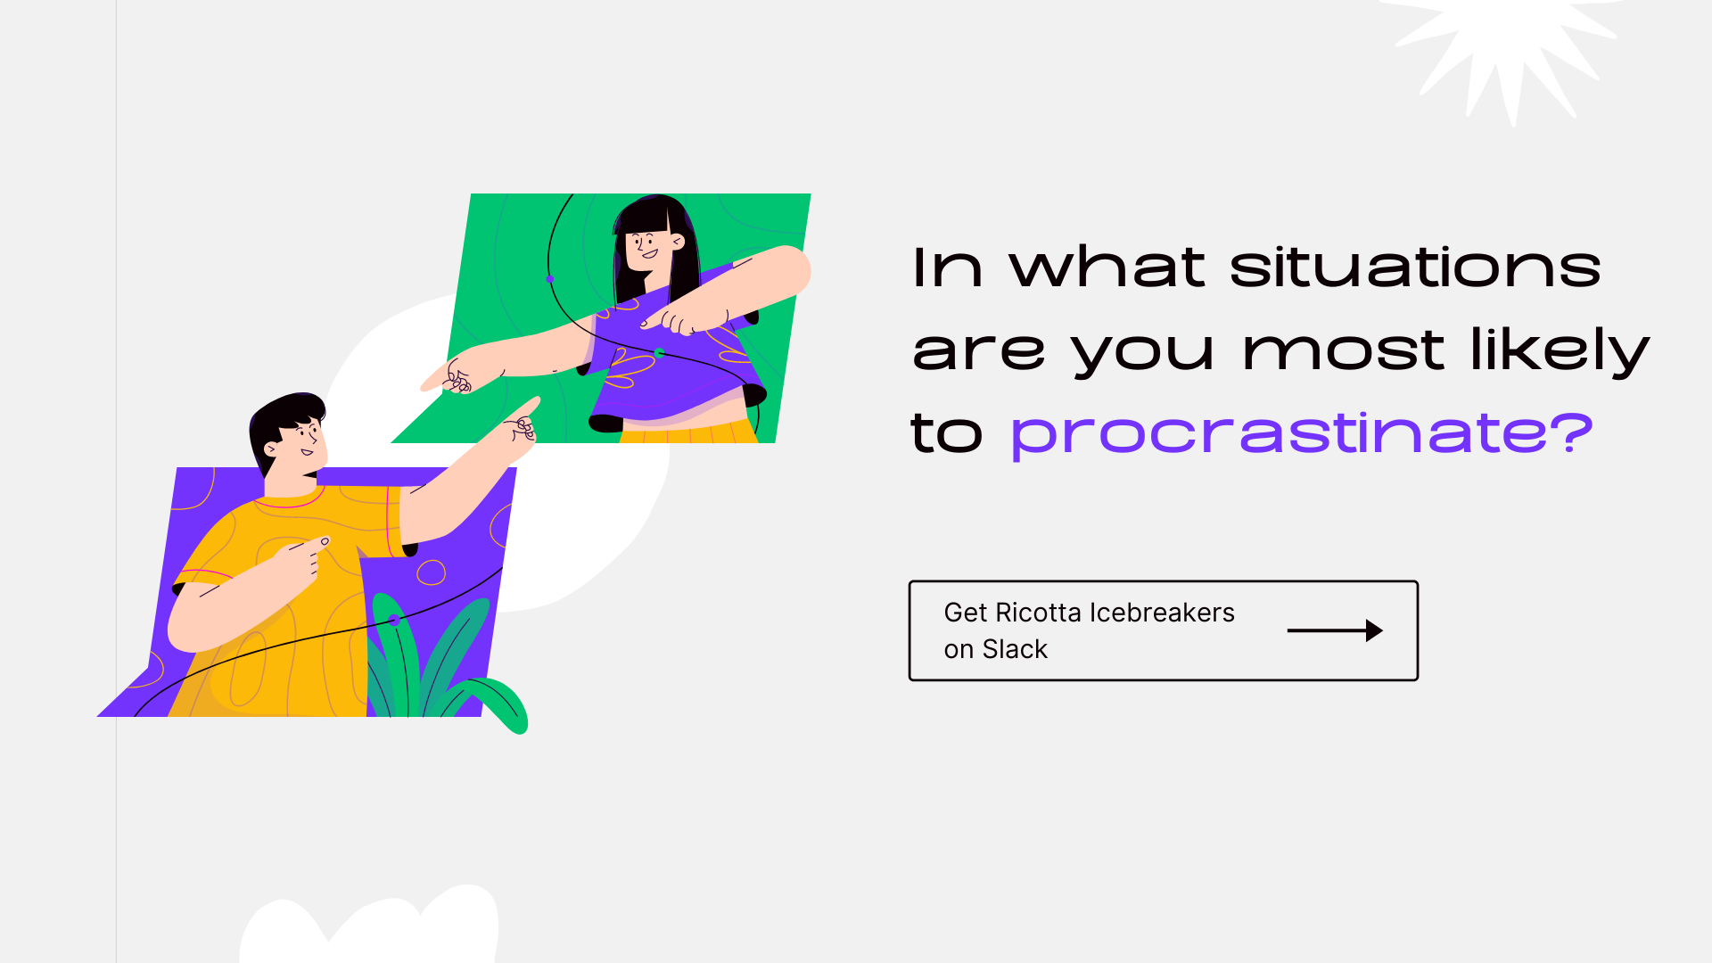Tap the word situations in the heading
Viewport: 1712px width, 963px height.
1415,267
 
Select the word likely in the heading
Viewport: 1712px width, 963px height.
1560,350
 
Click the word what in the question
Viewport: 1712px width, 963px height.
1107,267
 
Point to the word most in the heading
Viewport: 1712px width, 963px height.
1343,350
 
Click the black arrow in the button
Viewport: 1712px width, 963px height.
1335,630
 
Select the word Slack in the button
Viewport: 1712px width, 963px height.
1015,649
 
